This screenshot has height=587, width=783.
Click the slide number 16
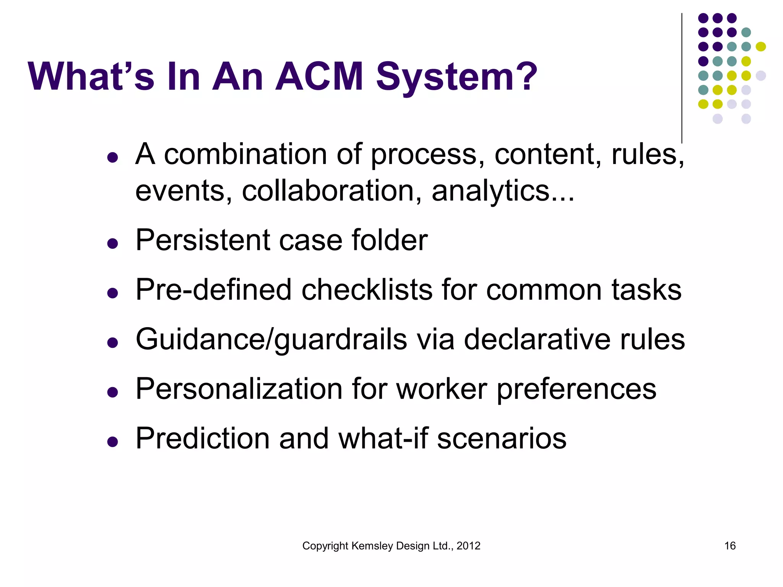pos(729,546)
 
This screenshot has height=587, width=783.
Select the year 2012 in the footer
pos(468,546)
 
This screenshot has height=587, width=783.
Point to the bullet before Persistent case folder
pos(112,243)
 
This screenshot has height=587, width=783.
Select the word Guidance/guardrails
pos(271,339)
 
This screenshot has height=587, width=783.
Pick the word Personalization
pos(239,389)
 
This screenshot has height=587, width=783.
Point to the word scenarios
pos(502,439)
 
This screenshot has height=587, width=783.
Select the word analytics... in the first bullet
pos(503,191)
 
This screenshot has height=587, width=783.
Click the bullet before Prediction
pos(112,442)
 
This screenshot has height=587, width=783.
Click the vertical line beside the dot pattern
pos(682,76)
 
